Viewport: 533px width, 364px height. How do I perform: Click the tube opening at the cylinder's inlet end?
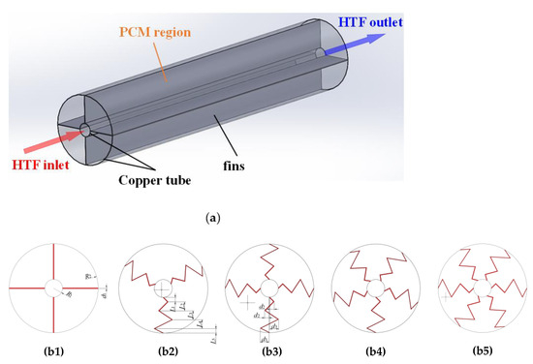coord(84,130)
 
